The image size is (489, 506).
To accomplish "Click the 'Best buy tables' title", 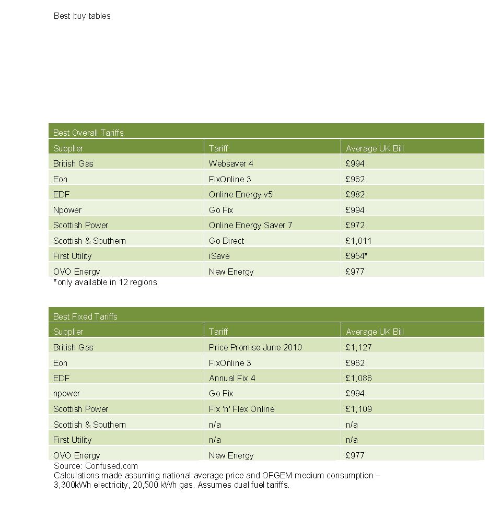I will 82,16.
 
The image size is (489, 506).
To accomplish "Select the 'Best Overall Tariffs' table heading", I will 88,133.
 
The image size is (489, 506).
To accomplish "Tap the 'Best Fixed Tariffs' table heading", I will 85,316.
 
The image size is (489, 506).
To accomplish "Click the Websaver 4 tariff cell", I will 231,163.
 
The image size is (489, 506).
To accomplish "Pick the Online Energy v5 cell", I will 240,194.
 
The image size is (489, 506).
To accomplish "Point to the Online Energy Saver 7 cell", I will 250,225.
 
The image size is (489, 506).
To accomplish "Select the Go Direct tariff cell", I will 226,241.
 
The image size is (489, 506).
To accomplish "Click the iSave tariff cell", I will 219,256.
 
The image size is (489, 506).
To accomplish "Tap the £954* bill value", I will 357,256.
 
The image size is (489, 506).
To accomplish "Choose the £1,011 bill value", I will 358,241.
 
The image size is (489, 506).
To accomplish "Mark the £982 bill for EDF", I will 355,194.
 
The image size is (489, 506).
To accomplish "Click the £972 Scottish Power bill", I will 355,225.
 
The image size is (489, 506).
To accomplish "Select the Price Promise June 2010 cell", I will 255,347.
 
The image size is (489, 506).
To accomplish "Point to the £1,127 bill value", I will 358,347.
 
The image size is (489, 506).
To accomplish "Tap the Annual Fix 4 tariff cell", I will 232,378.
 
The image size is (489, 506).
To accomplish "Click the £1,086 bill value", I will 358,378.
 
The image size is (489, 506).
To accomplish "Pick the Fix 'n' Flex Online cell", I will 241,409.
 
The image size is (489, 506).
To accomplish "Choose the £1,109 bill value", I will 358,409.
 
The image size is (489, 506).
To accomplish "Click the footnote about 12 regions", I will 105,282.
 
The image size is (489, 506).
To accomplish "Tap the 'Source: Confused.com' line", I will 96,466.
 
